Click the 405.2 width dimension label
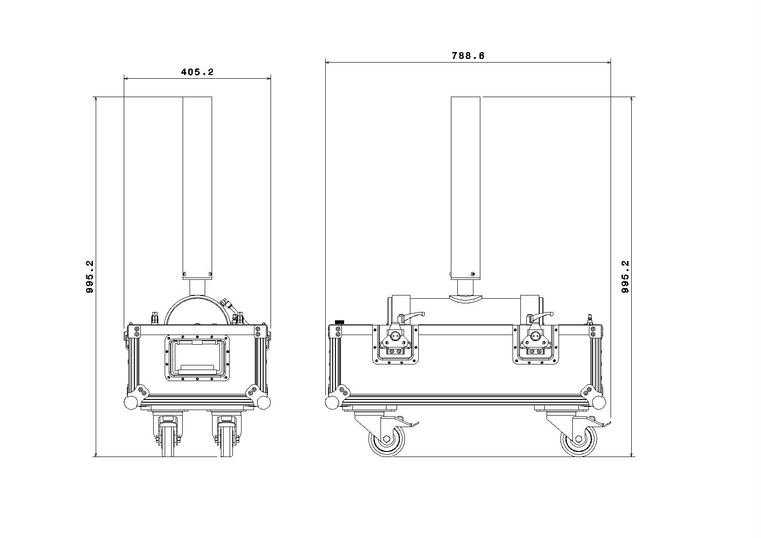197,72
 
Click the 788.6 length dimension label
468,56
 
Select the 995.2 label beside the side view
625,277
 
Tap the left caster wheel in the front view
167,440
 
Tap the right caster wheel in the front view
226,440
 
